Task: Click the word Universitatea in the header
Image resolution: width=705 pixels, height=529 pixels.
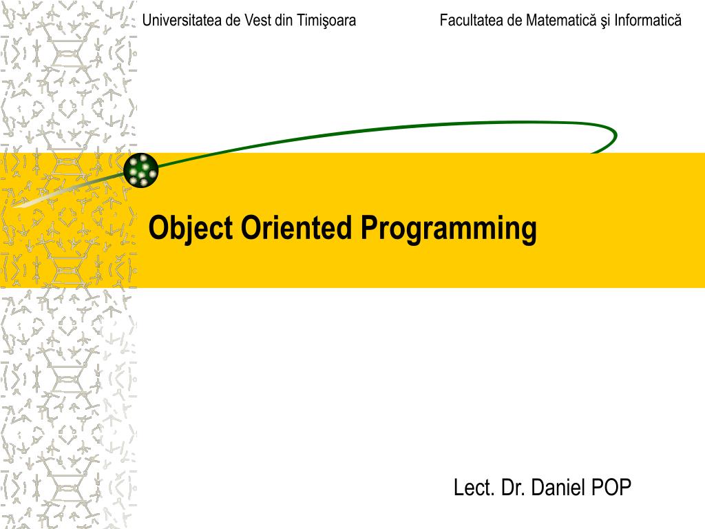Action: click(182, 21)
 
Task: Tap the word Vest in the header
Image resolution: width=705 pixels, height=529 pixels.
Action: click(257, 21)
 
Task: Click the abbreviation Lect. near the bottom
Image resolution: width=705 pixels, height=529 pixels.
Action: click(475, 488)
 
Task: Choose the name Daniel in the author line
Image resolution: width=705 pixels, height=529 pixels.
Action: click(557, 488)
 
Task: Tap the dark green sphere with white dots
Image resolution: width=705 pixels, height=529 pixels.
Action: click(141, 169)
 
